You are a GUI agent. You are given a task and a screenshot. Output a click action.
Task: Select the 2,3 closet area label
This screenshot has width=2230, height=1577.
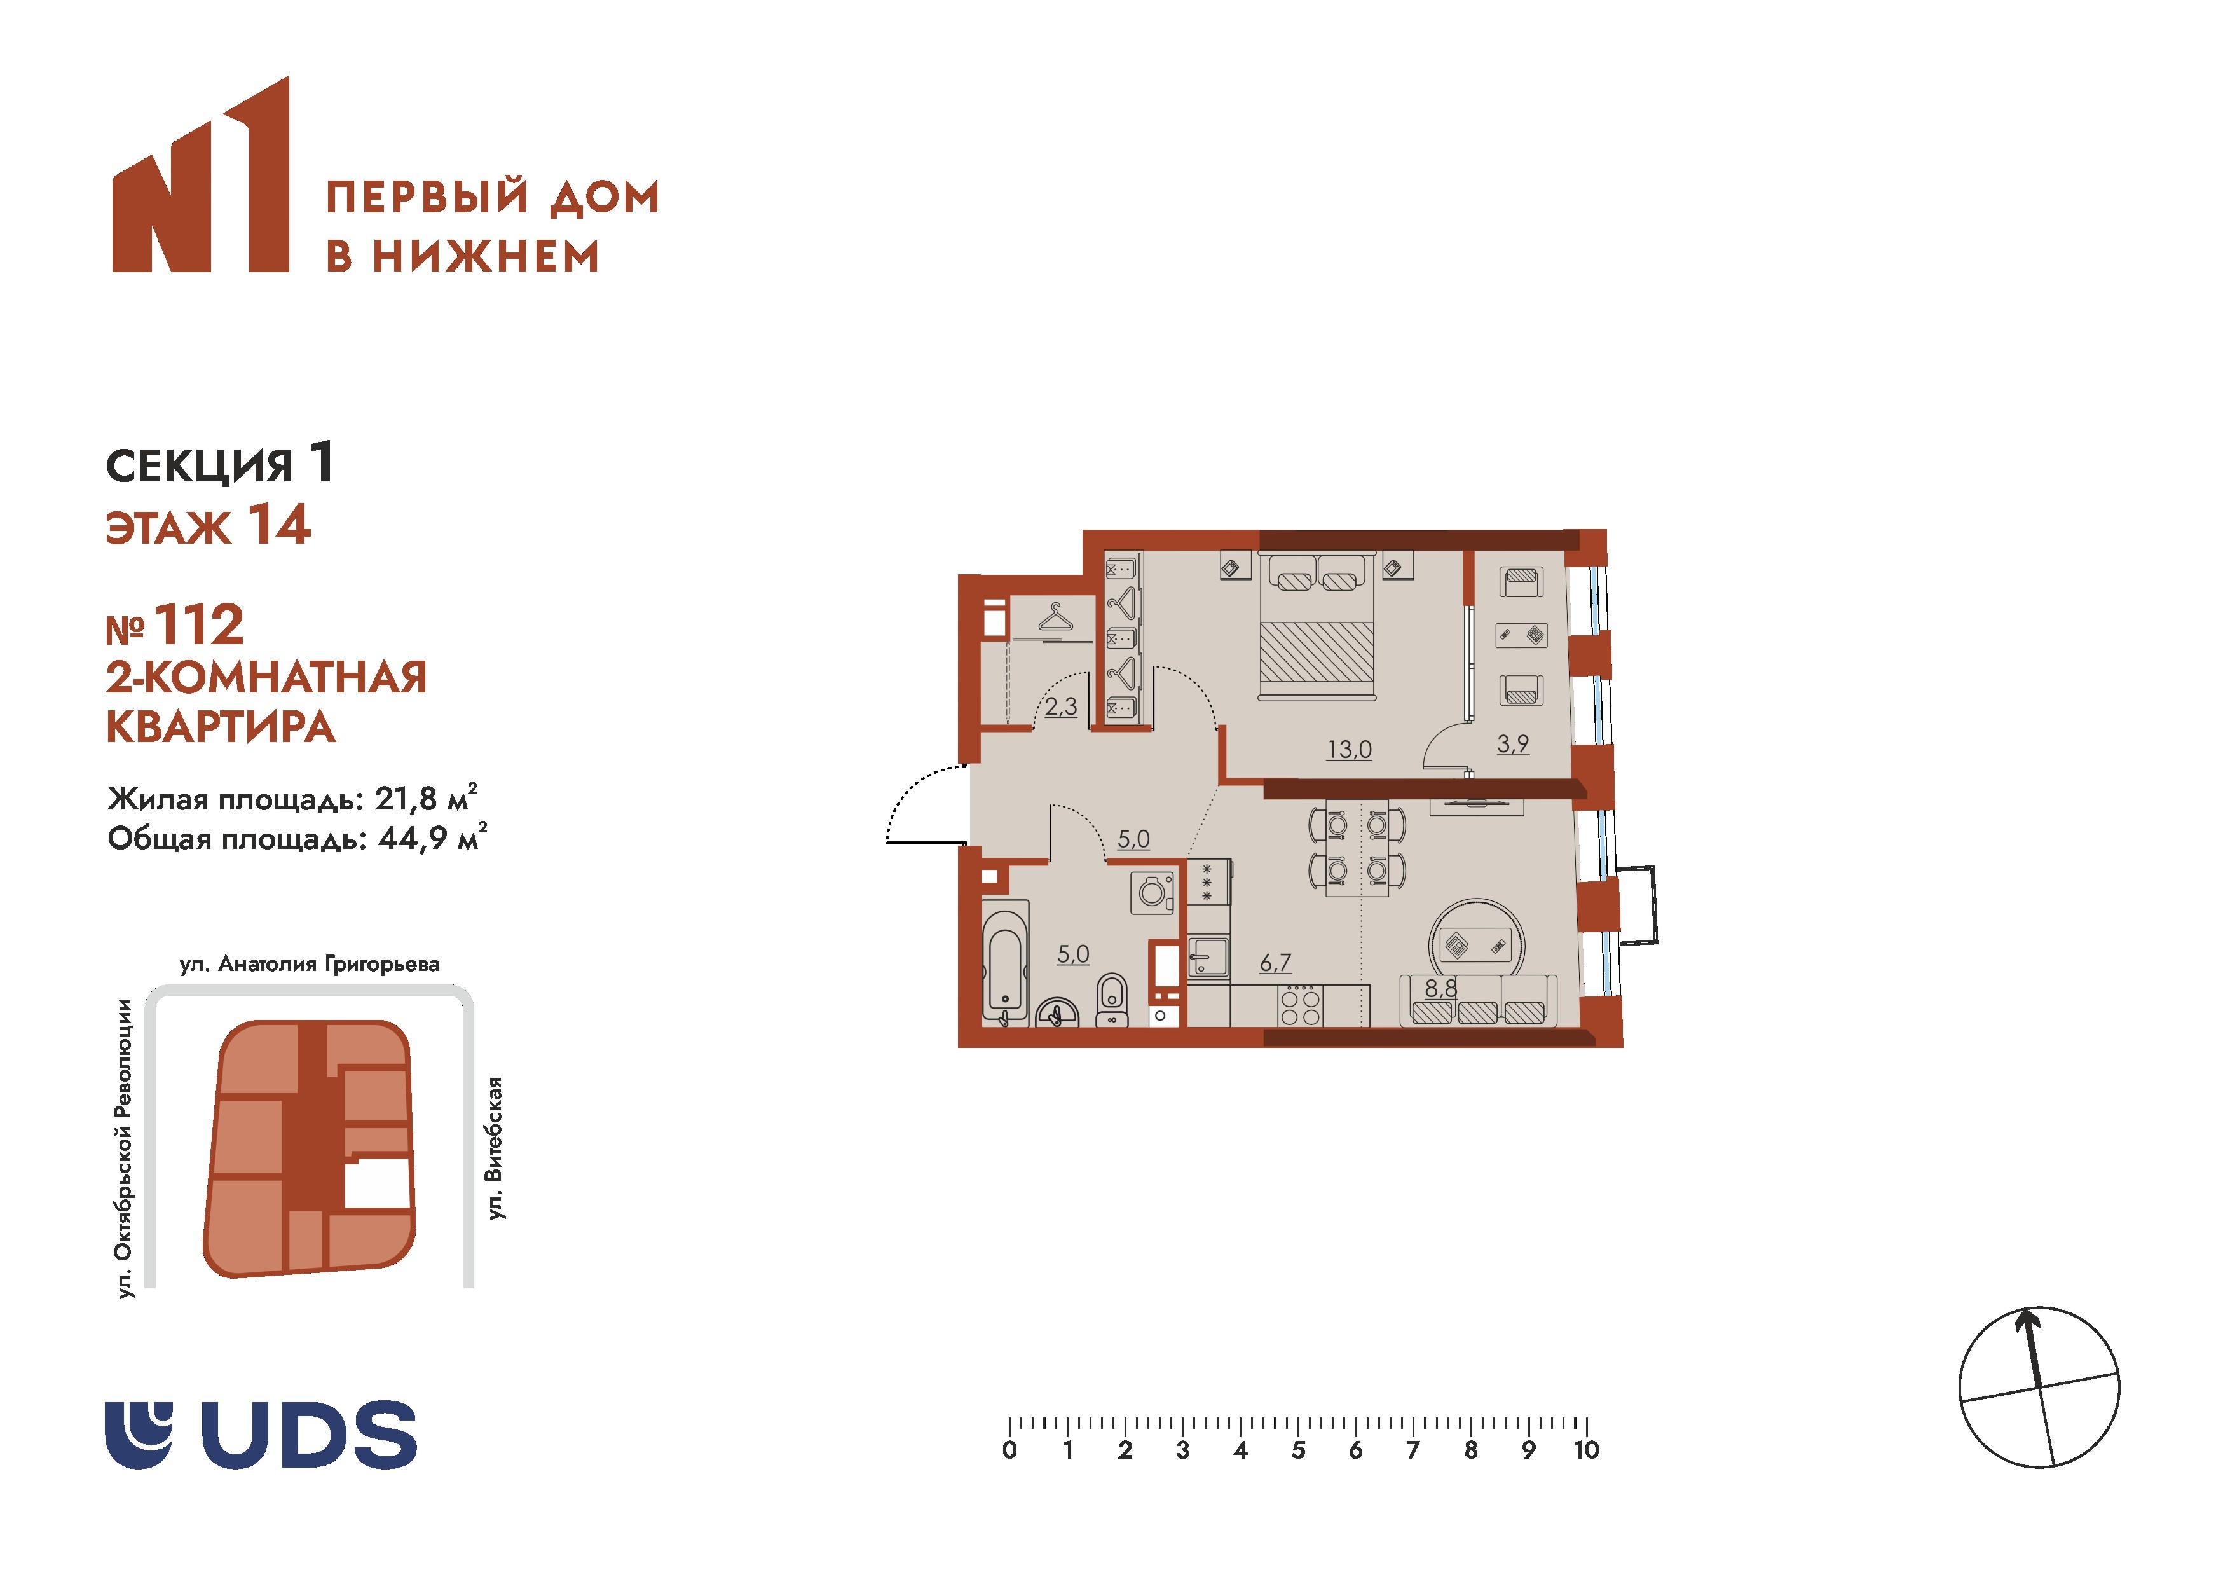point(1060,706)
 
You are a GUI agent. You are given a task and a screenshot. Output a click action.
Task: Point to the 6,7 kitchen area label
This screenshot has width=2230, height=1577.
point(1275,962)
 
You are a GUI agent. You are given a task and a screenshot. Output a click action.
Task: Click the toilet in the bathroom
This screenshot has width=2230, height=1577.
point(1110,1000)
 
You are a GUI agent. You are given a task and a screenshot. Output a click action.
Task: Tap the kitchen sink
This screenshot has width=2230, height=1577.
point(1208,957)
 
